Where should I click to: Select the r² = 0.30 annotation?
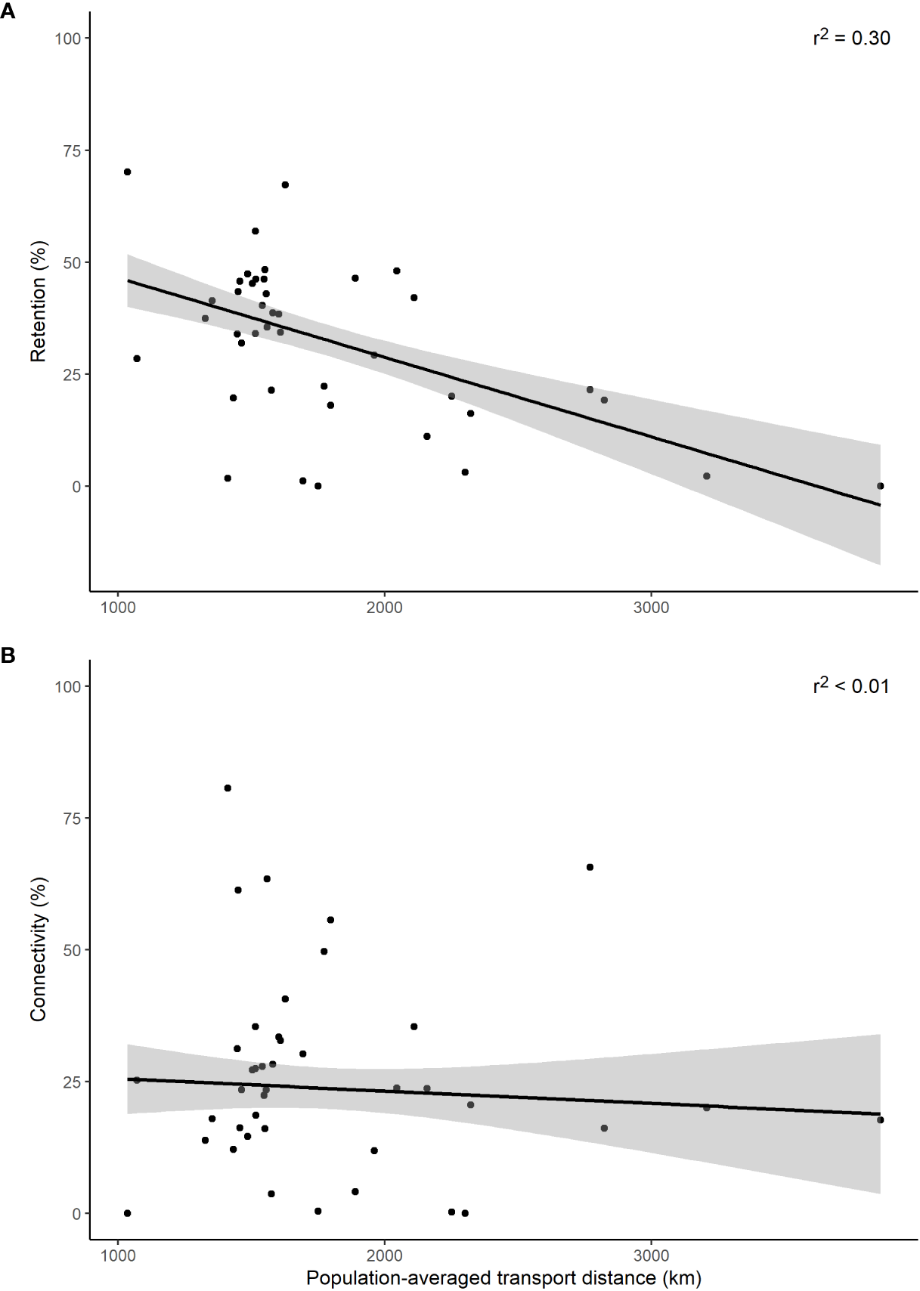coord(851,38)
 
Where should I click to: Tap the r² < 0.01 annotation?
coord(851,686)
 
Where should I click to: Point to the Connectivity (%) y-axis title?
coord(39,949)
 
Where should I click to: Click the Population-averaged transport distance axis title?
coord(503,1278)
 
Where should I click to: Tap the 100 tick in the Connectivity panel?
coord(68,686)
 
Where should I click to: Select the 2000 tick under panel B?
coord(384,1255)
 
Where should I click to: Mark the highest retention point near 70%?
coord(127,172)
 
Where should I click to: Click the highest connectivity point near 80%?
coord(228,788)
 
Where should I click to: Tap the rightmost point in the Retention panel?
coord(880,486)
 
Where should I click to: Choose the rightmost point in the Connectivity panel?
coord(880,1120)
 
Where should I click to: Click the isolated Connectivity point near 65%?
coord(590,867)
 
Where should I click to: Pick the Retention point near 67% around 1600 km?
coord(285,184)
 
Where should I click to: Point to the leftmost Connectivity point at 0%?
coord(127,1213)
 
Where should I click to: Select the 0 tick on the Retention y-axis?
coord(76,487)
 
